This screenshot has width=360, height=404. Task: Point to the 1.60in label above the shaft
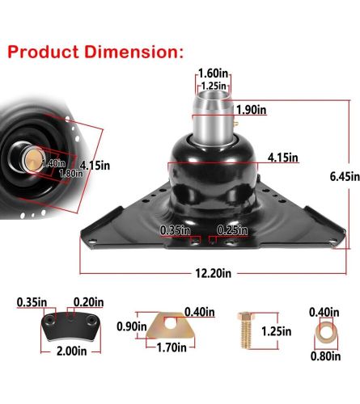213,73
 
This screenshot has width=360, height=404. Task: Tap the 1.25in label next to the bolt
277,330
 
